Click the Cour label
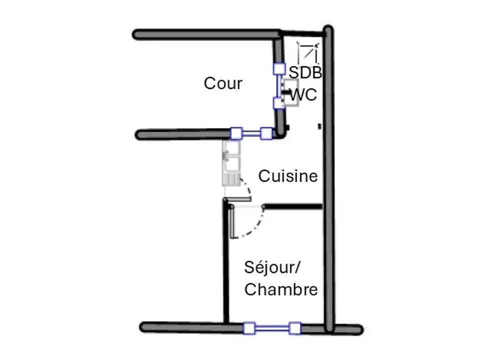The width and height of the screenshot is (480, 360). tap(223, 83)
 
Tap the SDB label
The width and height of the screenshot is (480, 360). tap(305, 72)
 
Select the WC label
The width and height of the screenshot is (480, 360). tap(303, 94)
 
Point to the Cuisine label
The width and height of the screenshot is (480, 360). tap(288, 176)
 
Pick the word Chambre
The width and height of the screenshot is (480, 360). tap(281, 289)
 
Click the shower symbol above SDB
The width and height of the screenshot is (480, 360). tap(308, 52)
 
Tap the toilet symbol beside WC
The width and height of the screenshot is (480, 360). tap(290, 93)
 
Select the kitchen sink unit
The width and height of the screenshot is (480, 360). tap(231, 163)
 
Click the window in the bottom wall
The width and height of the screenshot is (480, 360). tap(272, 328)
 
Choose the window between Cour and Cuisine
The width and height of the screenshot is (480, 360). tap(251, 133)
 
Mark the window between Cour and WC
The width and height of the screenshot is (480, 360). tap(279, 86)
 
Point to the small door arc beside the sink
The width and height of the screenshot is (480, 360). tap(247, 187)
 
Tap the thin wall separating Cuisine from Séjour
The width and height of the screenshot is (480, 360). tap(292, 206)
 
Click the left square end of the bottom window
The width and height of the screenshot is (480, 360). tap(249, 328)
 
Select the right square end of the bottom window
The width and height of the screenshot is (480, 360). tap(295, 328)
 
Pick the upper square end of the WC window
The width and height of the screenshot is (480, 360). tap(279, 69)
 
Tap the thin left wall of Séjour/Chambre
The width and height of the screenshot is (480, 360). tap(226, 261)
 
